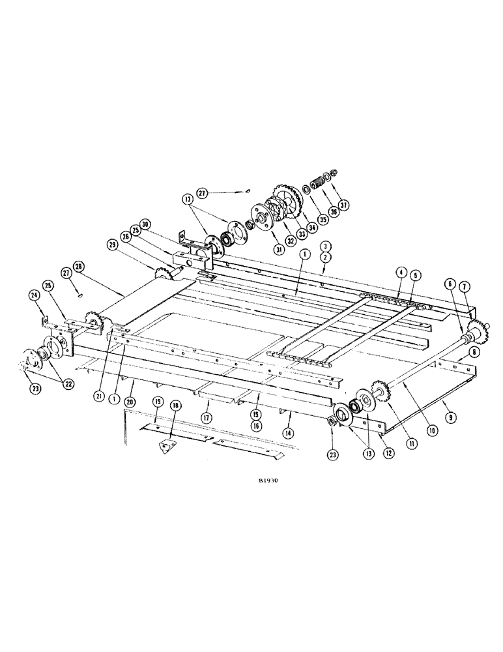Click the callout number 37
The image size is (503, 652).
pos(343,205)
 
